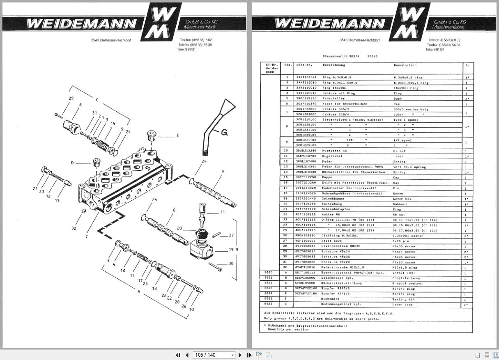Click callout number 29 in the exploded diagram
[71, 99]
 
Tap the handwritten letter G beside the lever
[224, 132]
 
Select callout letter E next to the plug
[178, 135]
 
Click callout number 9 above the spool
[222, 172]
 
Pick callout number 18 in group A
[154, 288]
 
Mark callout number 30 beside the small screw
[231, 264]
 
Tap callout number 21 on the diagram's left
[35, 188]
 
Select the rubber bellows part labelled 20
[202, 232]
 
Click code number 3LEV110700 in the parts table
[306, 156]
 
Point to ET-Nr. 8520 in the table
[269, 272]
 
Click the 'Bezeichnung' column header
[333, 65]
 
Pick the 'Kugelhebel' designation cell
[331, 156]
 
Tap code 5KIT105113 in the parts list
[306, 272]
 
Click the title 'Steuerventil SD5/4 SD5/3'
[350, 56]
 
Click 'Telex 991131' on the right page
[435, 49]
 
